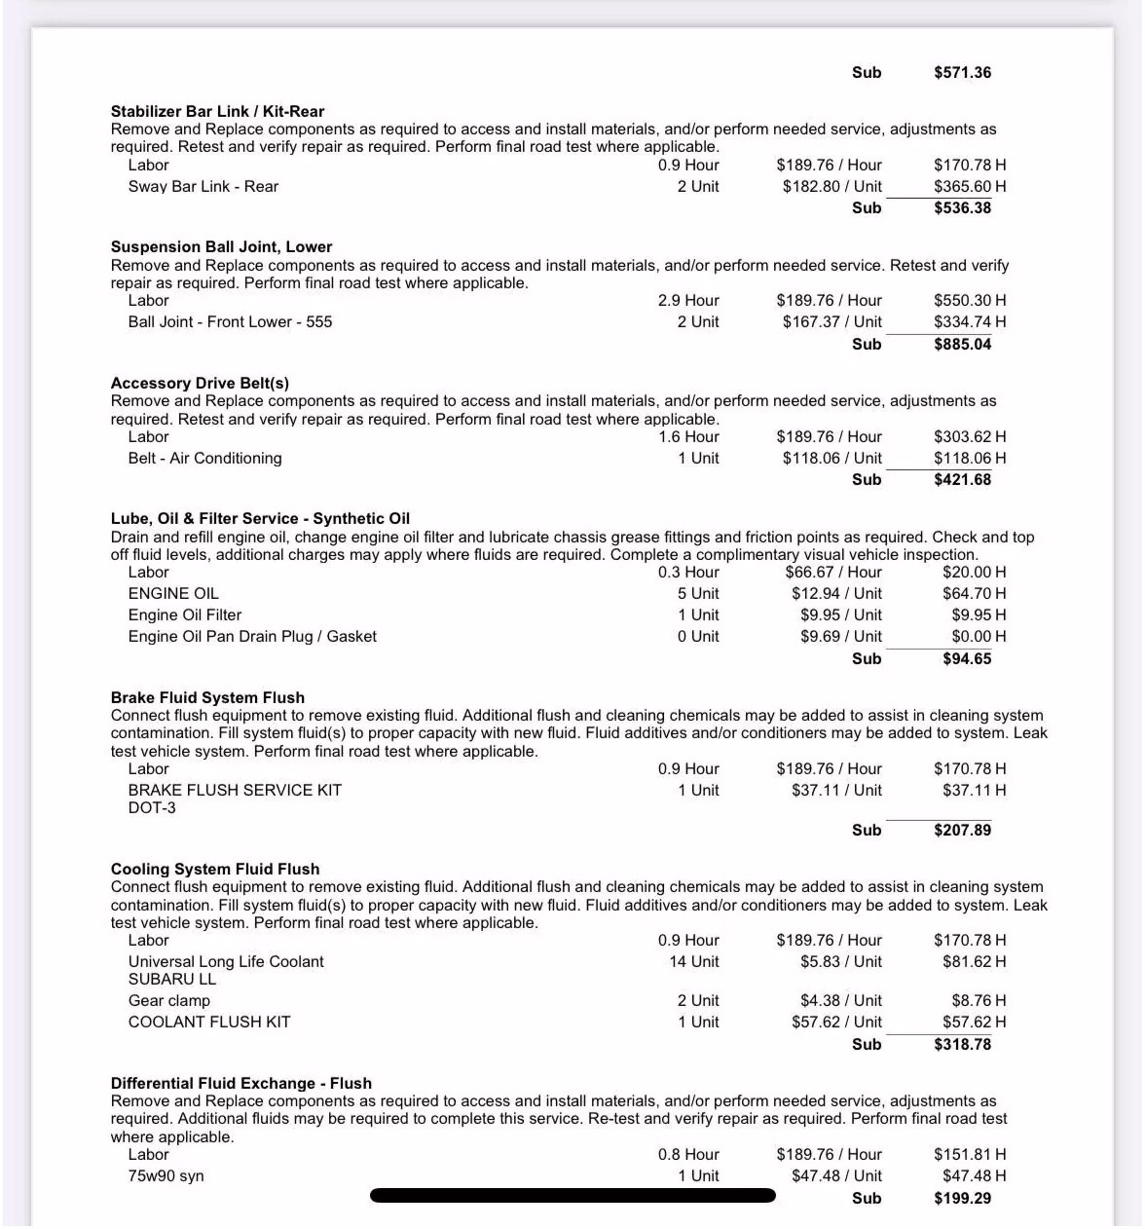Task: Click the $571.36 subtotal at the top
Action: (x=962, y=72)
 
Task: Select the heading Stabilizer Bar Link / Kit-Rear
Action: (x=217, y=111)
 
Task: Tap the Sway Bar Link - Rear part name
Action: (x=203, y=186)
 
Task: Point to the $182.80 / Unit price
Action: (x=831, y=186)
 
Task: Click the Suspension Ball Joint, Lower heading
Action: (x=221, y=246)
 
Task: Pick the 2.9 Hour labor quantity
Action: (x=687, y=300)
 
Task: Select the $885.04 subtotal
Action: (x=962, y=344)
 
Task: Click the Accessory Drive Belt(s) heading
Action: (x=200, y=383)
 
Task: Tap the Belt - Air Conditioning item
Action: (x=204, y=458)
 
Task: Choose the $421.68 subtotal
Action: (x=962, y=479)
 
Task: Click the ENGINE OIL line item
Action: (x=173, y=593)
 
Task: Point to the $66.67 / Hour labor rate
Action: (x=832, y=572)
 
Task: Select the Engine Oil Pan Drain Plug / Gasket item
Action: (x=252, y=636)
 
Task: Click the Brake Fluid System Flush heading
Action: (x=207, y=697)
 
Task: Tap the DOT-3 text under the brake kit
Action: (x=152, y=807)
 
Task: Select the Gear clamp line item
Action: (x=169, y=1000)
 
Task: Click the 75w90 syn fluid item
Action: (x=166, y=1175)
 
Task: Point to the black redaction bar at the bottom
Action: (x=572, y=1195)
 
